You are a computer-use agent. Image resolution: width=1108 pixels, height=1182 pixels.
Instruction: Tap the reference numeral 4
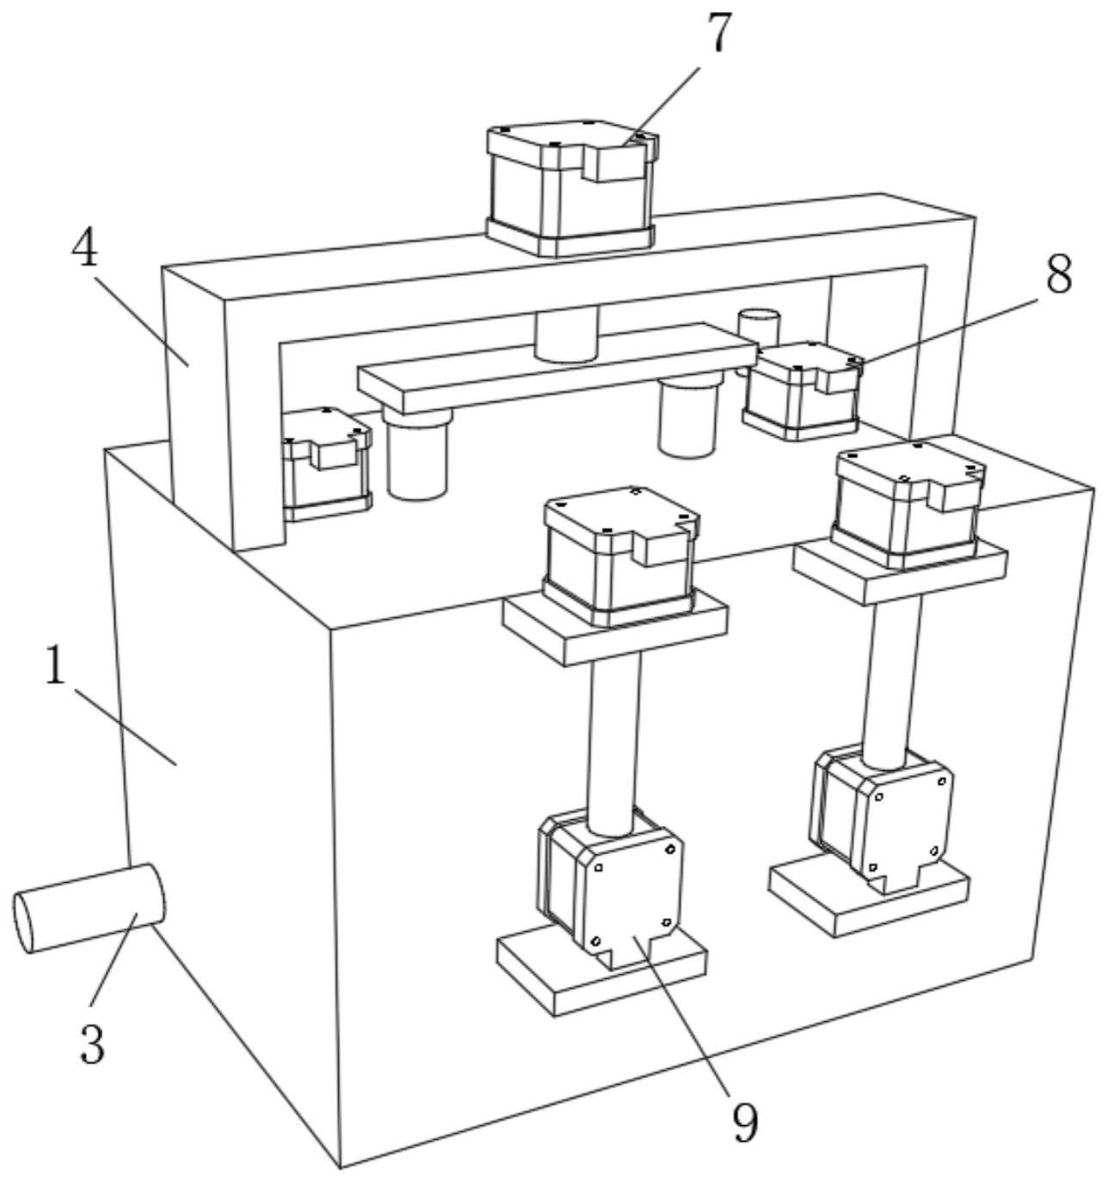[83, 249]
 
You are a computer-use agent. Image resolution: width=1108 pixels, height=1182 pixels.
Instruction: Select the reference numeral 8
[1059, 275]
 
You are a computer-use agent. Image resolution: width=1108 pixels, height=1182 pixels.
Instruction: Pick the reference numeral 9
[745, 1121]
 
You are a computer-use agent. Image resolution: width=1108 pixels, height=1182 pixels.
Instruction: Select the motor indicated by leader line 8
[801, 391]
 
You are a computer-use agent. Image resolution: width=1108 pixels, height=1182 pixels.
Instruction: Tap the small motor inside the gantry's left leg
[326, 464]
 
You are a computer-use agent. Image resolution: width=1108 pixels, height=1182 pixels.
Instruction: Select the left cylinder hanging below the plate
[417, 456]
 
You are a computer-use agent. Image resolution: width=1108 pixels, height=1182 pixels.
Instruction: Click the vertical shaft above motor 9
[615, 739]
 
